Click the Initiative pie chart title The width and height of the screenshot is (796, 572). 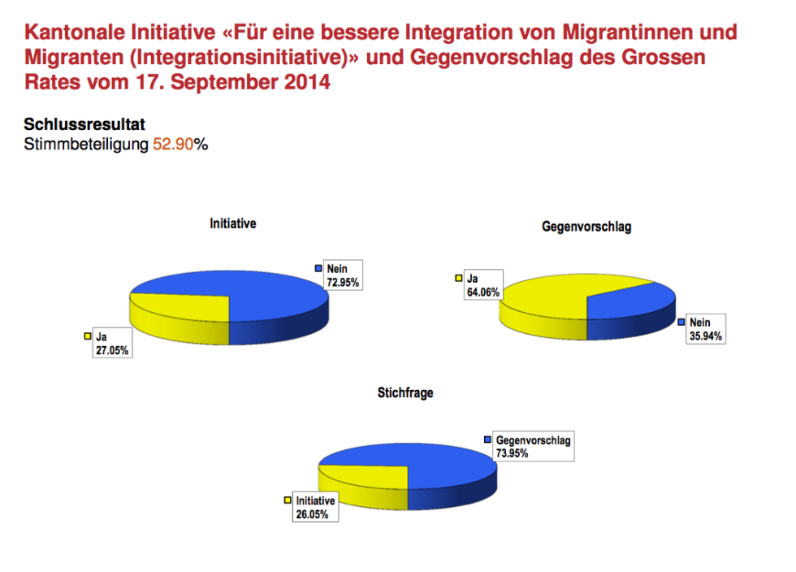(232, 223)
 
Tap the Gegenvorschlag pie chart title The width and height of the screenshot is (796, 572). (586, 227)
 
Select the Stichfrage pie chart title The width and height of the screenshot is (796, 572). (405, 392)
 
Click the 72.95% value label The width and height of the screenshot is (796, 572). (342, 283)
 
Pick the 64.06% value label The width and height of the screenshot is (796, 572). (482, 292)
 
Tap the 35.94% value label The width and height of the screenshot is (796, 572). (704, 336)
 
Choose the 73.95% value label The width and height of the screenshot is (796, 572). (513, 453)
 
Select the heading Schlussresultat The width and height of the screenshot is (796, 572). (84, 125)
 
